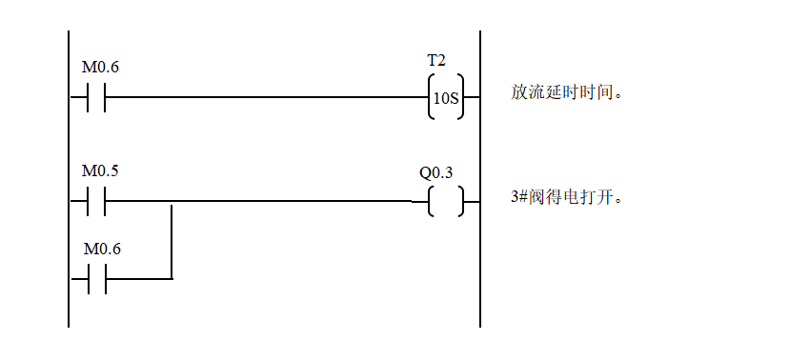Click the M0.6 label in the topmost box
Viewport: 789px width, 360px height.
pyautogui.click(x=101, y=68)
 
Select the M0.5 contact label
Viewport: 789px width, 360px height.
pyautogui.click(x=101, y=171)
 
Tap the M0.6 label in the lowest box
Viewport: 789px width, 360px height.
pyautogui.click(x=102, y=249)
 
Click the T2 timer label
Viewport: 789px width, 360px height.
pyautogui.click(x=436, y=60)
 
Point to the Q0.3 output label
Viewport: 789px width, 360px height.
pyautogui.click(x=436, y=172)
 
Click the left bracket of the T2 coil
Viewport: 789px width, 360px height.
pyautogui.click(x=431, y=79)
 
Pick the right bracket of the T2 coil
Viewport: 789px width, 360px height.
pyautogui.click(x=461, y=79)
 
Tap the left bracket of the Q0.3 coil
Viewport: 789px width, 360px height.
pyautogui.click(x=431, y=191)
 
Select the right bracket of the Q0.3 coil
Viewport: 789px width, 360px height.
pyautogui.click(x=461, y=191)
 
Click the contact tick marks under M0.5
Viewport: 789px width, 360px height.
pyautogui.click(x=96, y=190)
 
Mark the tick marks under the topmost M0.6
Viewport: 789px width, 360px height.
pyautogui.click(x=96, y=87)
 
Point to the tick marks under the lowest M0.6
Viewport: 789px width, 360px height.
pyautogui.click(x=96, y=267)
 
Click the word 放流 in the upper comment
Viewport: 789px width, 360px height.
pyautogui.click(x=527, y=93)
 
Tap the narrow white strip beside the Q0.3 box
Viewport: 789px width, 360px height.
pyautogui.click(x=484, y=172)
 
